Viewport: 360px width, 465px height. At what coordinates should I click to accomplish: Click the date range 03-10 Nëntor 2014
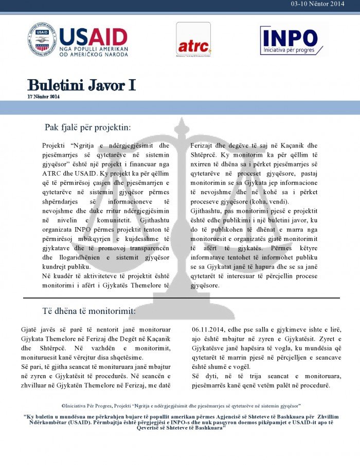tap(317, 4)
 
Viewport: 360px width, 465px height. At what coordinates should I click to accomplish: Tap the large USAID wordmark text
tap(93, 36)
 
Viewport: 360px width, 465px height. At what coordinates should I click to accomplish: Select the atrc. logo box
tap(193, 40)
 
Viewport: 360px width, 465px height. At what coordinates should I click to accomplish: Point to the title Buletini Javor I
tap(81, 85)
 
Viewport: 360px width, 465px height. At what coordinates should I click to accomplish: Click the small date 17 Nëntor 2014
tap(44, 97)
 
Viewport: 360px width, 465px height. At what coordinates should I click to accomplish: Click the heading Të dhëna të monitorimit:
tap(88, 311)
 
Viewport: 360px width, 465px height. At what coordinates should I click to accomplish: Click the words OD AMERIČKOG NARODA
tap(93, 54)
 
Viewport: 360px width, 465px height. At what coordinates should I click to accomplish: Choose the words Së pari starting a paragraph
tap(30, 367)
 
